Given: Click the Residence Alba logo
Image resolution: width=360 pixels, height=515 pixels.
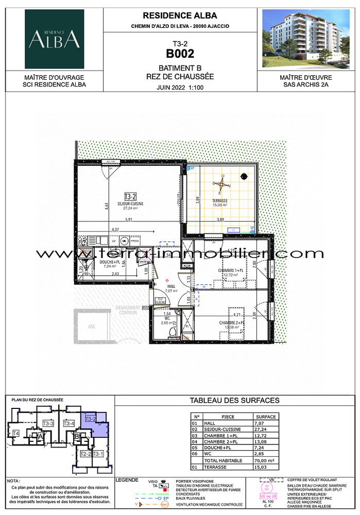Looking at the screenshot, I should coord(54,39).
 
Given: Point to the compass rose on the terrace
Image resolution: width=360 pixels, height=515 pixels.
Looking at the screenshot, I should coord(222,182).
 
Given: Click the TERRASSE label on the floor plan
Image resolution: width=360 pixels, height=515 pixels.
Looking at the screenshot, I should coord(220,200).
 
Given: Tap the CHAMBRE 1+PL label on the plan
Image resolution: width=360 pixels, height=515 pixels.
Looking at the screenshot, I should coord(230,270).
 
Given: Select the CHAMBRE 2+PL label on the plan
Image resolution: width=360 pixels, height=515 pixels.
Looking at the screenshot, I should coord(230,322).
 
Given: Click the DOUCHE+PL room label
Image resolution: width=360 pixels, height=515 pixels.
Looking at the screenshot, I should coord(110,262).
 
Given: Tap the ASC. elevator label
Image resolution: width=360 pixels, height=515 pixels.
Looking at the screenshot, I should coord(92,327).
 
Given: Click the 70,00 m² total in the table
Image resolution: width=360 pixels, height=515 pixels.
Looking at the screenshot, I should coord(265,460).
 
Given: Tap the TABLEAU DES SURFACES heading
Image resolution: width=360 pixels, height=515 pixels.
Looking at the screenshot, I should coord(235,400).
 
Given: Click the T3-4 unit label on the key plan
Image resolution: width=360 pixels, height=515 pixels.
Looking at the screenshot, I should coord(68,423).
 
